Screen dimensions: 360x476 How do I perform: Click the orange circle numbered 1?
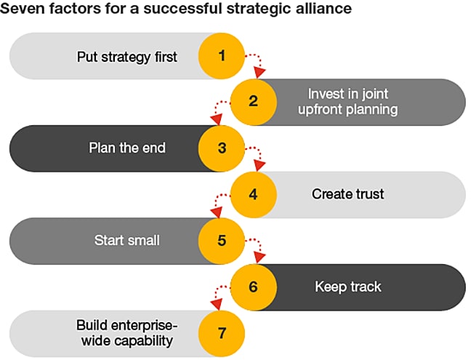pos(222,55)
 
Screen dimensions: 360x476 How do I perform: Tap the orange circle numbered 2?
pos(253,102)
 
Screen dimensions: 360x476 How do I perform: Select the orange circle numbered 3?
pos(222,148)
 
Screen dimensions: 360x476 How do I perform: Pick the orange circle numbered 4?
pos(253,194)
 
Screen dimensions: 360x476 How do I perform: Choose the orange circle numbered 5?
pos(222,240)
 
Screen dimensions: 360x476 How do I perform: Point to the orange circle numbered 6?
pos(253,287)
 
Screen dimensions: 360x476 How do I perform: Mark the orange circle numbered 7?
pos(222,332)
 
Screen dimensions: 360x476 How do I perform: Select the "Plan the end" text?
pos(127,148)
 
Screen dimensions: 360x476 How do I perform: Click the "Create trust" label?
pos(347,194)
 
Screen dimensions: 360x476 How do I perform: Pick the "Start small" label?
pos(126,240)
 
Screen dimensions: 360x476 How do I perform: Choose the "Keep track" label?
pos(347,287)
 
